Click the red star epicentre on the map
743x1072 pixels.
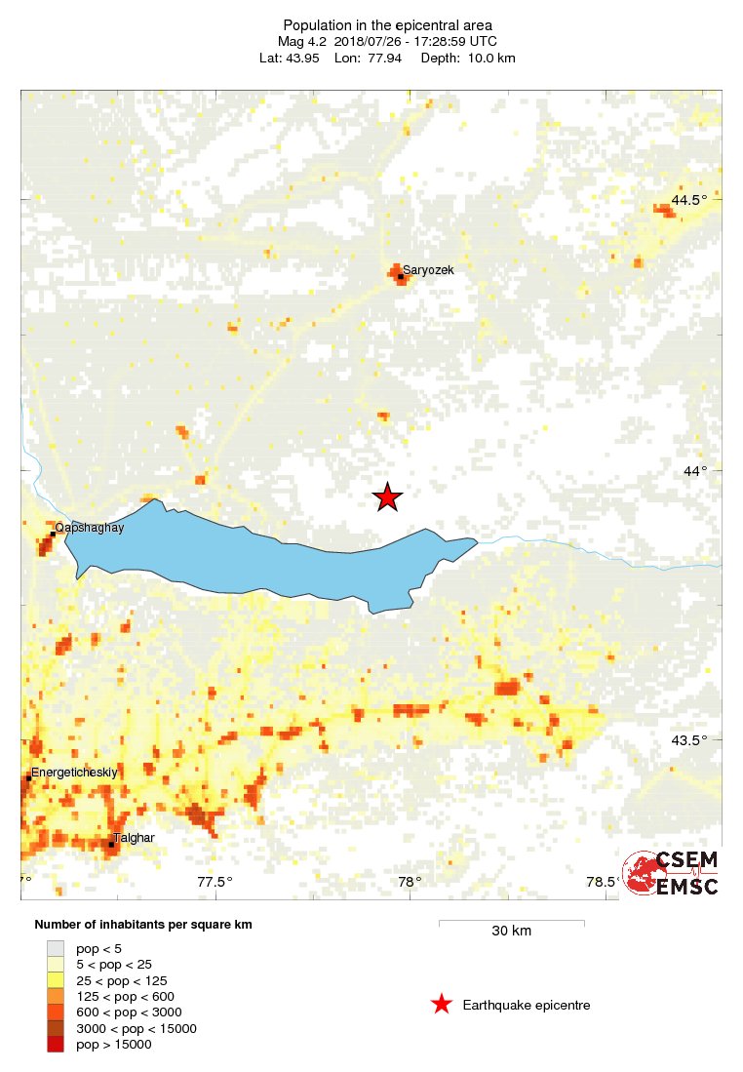[387, 497]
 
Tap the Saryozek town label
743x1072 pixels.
[428, 270]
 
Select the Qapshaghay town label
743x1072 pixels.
[90, 528]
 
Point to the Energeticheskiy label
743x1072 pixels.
[74, 773]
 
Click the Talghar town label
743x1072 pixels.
[135, 837]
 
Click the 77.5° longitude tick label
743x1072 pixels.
[215, 883]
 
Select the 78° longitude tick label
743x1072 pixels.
[411, 883]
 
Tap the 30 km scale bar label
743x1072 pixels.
[511, 932]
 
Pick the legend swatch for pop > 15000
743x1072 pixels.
[56, 1045]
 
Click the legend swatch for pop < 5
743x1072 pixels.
[56, 948]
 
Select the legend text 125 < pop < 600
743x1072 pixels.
[125, 996]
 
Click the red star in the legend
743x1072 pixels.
[442, 1005]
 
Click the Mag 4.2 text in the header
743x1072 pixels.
[302, 42]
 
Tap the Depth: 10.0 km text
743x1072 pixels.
[468, 59]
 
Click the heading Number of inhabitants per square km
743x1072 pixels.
[143, 925]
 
